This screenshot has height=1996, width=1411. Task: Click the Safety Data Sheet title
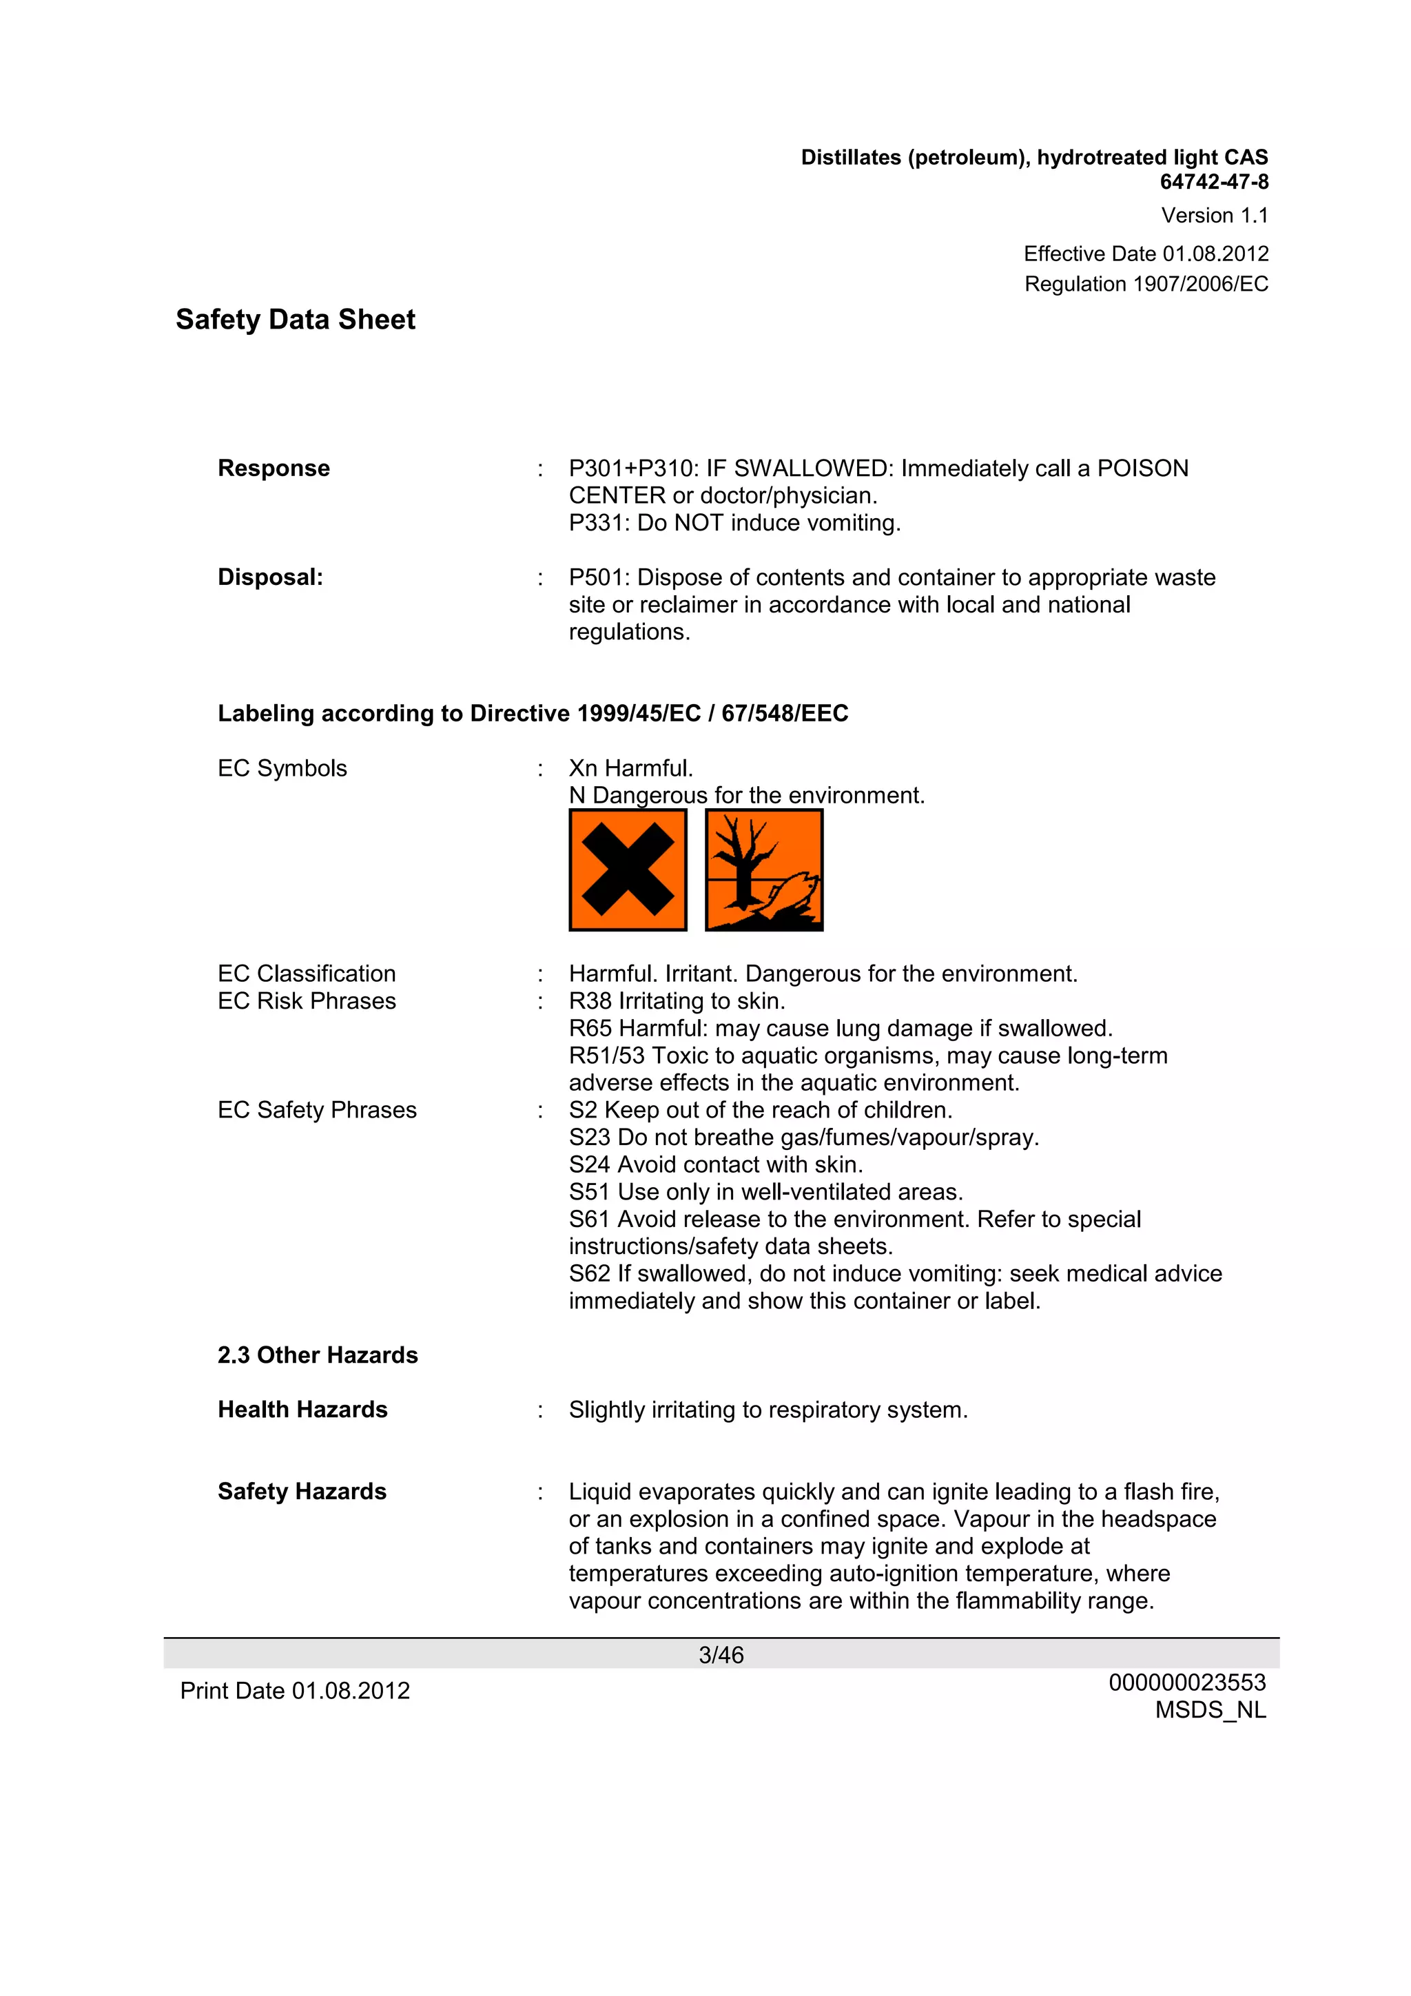[x=295, y=320]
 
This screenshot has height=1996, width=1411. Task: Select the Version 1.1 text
[x=1214, y=216]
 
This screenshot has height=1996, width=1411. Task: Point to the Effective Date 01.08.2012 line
[x=1145, y=254]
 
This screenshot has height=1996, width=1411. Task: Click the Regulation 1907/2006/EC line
[x=1145, y=285]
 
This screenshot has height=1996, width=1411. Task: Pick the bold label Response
[x=274, y=469]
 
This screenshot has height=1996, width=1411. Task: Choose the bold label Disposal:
[x=270, y=577]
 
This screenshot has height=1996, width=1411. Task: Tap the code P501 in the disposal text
[x=599, y=578]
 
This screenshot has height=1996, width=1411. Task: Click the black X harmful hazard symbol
[x=628, y=870]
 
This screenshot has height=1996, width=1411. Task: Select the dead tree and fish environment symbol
[x=763, y=870]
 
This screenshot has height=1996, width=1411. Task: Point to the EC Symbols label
[x=282, y=768]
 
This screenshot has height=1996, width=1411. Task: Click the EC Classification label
[x=306, y=974]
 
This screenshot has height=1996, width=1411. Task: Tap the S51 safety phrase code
[x=590, y=1192]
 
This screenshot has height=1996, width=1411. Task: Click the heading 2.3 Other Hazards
[x=318, y=1355]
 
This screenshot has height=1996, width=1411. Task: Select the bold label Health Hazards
[x=302, y=1410]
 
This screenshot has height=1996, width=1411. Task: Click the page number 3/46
[x=721, y=1655]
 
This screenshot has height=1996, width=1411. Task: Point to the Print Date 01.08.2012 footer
[x=295, y=1691]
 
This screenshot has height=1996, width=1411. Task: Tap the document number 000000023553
[x=1186, y=1683]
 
